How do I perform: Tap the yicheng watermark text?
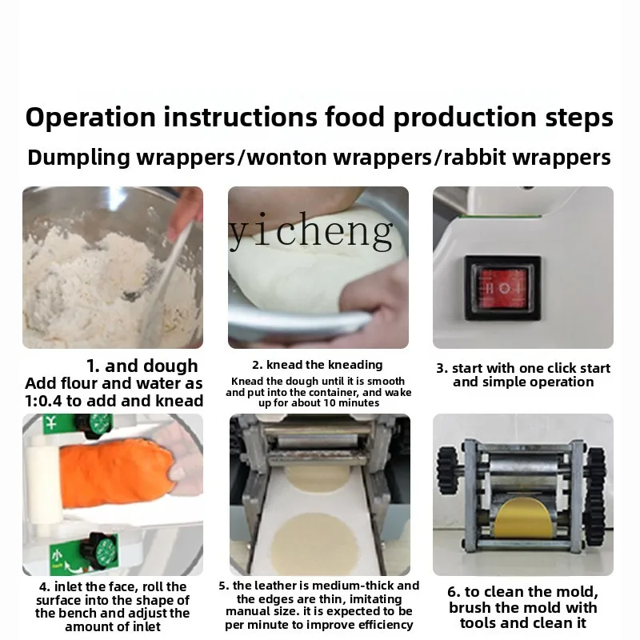tap(312, 231)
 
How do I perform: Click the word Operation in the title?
tap(90, 117)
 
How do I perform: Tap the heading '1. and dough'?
tap(142, 366)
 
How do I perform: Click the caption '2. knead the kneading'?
tap(318, 365)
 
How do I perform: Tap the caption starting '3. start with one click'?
tap(522, 368)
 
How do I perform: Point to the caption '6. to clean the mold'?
tap(522, 592)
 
